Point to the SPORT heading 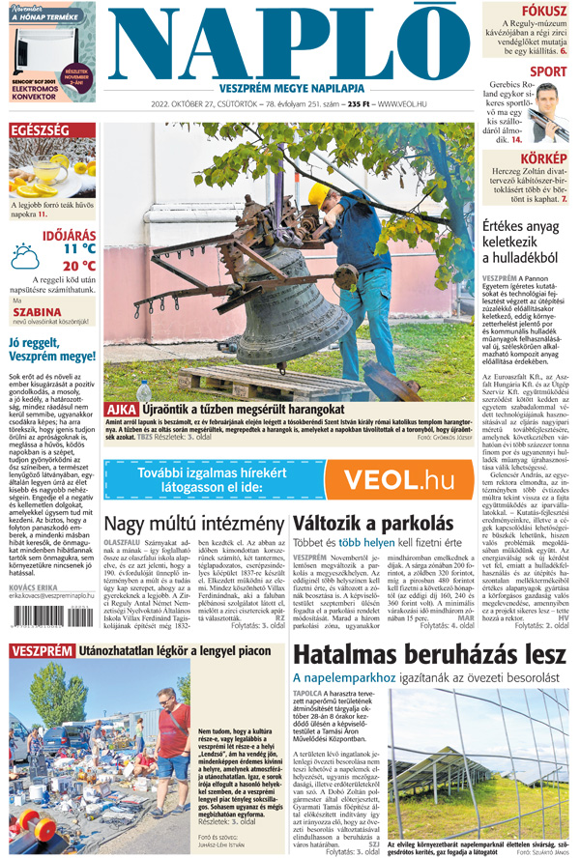point(548,71)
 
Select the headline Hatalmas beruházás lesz point(430,654)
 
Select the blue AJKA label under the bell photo point(121,411)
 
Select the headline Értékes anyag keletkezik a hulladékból point(527,242)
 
